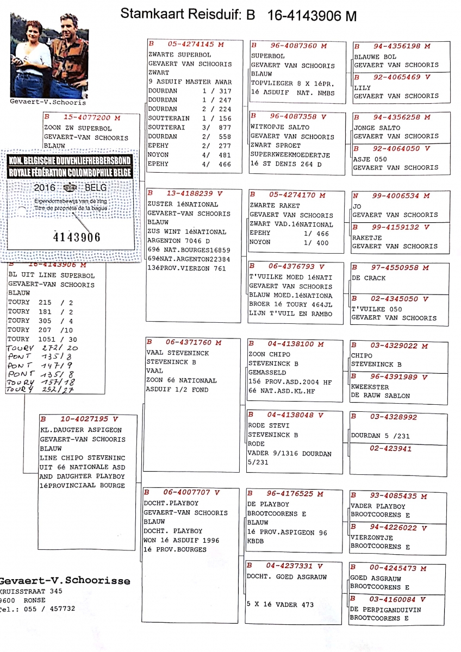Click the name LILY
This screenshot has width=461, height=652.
pyautogui.click(x=362, y=87)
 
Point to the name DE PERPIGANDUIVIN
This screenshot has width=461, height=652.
pyautogui.click(x=385, y=610)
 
